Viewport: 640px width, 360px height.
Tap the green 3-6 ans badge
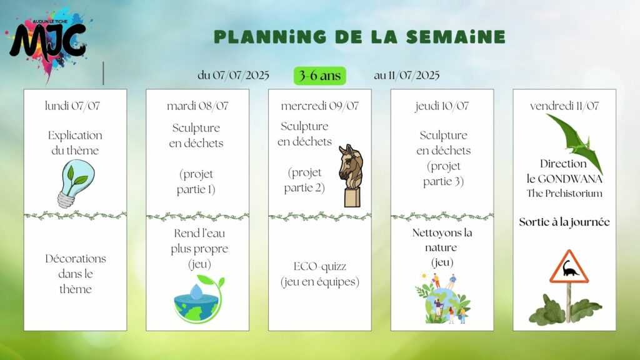319,76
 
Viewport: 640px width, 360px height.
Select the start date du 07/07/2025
233,75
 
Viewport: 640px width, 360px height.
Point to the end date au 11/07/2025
406,75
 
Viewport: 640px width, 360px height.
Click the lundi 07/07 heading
72,106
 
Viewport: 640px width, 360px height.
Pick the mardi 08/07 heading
197,106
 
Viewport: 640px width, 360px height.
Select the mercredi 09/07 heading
319,106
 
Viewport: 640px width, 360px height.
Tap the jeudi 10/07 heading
442,106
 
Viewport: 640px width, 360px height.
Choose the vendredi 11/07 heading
564,106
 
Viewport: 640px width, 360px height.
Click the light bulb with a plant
75,183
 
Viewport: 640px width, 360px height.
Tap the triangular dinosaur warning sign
569,267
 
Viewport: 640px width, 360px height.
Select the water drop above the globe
196,291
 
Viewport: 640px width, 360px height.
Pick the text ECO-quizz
319,266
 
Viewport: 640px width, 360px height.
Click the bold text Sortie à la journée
564,222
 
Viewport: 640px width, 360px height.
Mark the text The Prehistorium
564,193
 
